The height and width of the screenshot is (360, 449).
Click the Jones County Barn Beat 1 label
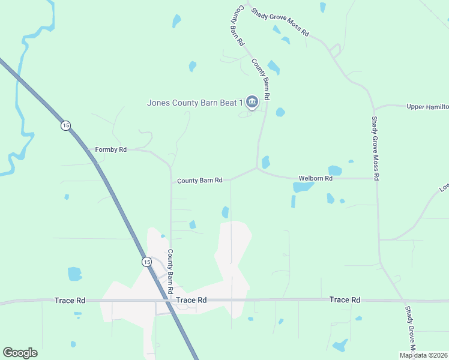pyautogui.click(x=195, y=103)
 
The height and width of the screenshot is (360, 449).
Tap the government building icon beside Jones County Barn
pyautogui.click(x=252, y=103)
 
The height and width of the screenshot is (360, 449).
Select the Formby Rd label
pyautogui.click(x=111, y=149)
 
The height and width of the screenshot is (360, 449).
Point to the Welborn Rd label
pyautogui.click(x=316, y=179)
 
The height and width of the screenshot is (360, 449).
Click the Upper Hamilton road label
pyautogui.click(x=427, y=107)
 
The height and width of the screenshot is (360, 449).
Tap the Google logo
pyautogui.click(x=20, y=353)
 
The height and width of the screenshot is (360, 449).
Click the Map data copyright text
pyautogui.click(x=424, y=355)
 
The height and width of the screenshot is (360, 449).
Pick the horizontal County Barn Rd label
pyautogui.click(x=200, y=181)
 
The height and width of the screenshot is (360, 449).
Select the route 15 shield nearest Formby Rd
pyautogui.click(x=65, y=125)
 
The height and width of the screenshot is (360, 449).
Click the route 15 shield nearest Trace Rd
pyautogui.click(x=146, y=262)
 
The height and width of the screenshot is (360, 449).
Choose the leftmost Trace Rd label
pyautogui.click(x=70, y=300)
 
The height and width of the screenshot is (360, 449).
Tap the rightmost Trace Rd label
pyautogui.click(x=345, y=299)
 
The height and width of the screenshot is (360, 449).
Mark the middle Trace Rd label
pyautogui.click(x=192, y=300)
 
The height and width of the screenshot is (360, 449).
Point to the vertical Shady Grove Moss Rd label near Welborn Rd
pyautogui.click(x=376, y=148)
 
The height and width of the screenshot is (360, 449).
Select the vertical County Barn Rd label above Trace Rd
pyautogui.click(x=170, y=271)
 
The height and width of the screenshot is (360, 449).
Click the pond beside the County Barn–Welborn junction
pyautogui.click(x=265, y=162)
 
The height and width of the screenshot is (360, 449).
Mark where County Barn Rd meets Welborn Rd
pyautogui.click(x=258, y=169)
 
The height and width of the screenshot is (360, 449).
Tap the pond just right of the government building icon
pyautogui.click(x=280, y=112)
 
